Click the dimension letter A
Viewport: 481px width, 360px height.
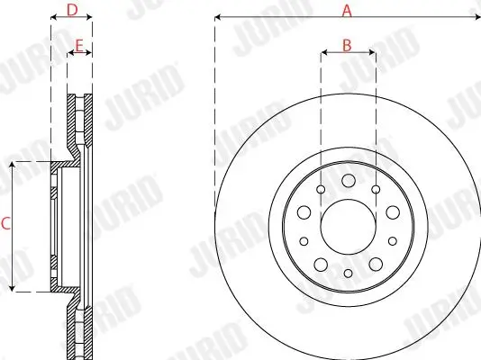(x=346, y=10)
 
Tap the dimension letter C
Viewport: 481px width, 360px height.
(x=5, y=225)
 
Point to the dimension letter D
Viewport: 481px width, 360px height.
(x=72, y=10)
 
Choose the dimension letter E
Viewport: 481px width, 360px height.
(x=80, y=43)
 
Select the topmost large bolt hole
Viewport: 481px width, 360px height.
(x=348, y=181)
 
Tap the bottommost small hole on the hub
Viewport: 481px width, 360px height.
(x=348, y=272)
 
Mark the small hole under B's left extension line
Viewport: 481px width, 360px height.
(x=322, y=189)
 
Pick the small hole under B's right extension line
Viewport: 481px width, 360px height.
(x=374, y=189)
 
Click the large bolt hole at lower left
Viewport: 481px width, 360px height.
(x=320, y=264)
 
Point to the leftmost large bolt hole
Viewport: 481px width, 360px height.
(x=304, y=212)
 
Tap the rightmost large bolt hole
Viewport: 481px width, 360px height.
(x=392, y=212)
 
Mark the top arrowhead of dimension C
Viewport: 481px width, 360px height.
(x=12, y=165)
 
